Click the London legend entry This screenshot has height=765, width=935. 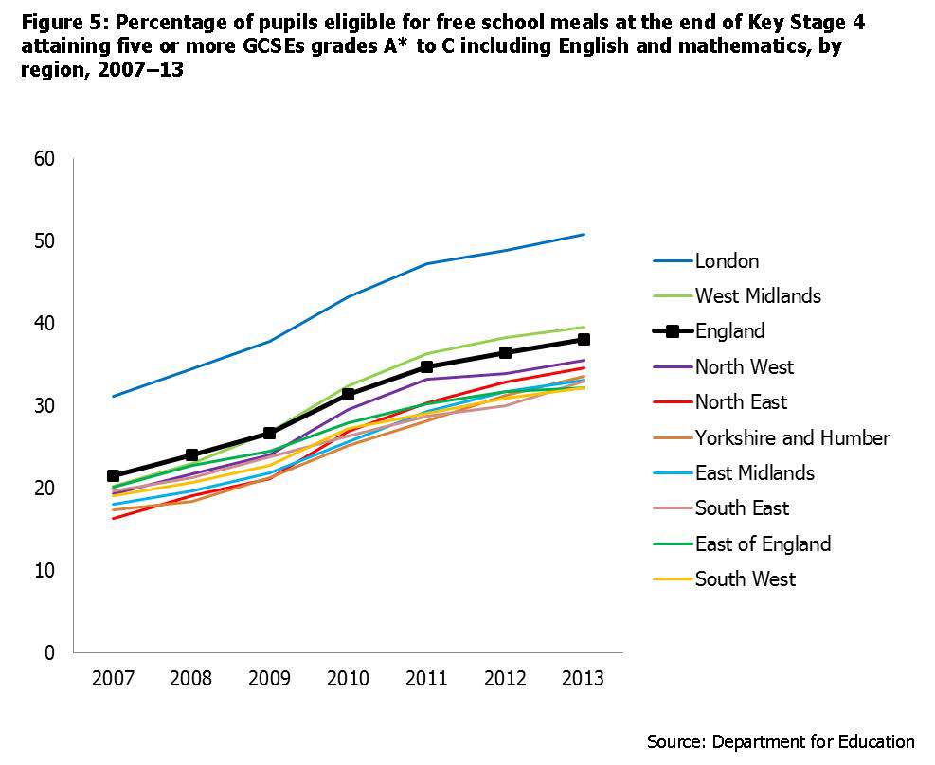pyautogui.click(x=727, y=260)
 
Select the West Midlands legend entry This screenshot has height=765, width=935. pyautogui.click(x=758, y=295)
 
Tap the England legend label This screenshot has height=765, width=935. pyautogui.click(x=729, y=331)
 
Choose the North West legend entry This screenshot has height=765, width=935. pyautogui.click(x=744, y=366)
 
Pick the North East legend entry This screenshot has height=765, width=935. pyautogui.click(x=741, y=402)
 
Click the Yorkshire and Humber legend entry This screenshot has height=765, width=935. pyautogui.click(x=792, y=437)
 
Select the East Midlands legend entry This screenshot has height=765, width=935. pyautogui.click(x=754, y=472)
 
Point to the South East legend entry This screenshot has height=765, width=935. pyautogui.click(x=743, y=508)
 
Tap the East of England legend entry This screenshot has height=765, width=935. pyautogui.click(x=763, y=543)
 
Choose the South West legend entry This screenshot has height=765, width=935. pyautogui.click(x=746, y=578)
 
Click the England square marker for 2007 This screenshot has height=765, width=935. pyautogui.click(x=114, y=476)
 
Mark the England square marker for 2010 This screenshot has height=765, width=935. pyautogui.click(x=348, y=395)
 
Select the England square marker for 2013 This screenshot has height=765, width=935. pyautogui.click(x=584, y=339)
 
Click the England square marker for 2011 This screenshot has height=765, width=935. pyautogui.click(x=426, y=366)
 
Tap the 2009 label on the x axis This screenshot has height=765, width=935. pyautogui.click(x=269, y=679)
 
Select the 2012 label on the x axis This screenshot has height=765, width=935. pyautogui.click(x=505, y=679)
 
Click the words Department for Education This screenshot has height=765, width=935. pyautogui.click(x=814, y=741)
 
